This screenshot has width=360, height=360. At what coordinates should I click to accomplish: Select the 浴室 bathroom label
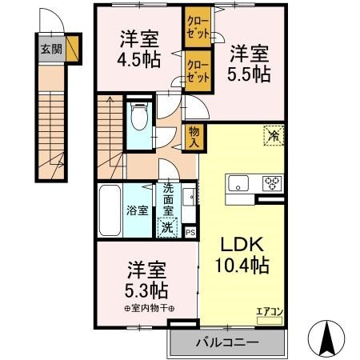click(x=137, y=211)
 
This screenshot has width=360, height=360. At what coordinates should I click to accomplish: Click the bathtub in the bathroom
click(x=109, y=210)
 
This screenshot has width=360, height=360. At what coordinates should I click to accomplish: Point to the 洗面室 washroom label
click(x=169, y=199)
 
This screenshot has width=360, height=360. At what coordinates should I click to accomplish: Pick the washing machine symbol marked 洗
click(x=166, y=226)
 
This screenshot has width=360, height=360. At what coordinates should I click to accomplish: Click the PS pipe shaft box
click(x=190, y=232)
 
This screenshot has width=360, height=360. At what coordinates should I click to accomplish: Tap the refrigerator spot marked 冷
click(x=274, y=137)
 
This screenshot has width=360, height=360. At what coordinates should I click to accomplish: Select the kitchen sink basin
click(x=240, y=183)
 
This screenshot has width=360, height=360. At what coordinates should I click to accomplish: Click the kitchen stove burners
click(x=273, y=183)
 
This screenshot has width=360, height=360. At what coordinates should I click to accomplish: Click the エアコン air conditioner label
click(x=269, y=312)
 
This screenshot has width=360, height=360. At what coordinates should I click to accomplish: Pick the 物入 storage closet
click(x=193, y=137)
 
